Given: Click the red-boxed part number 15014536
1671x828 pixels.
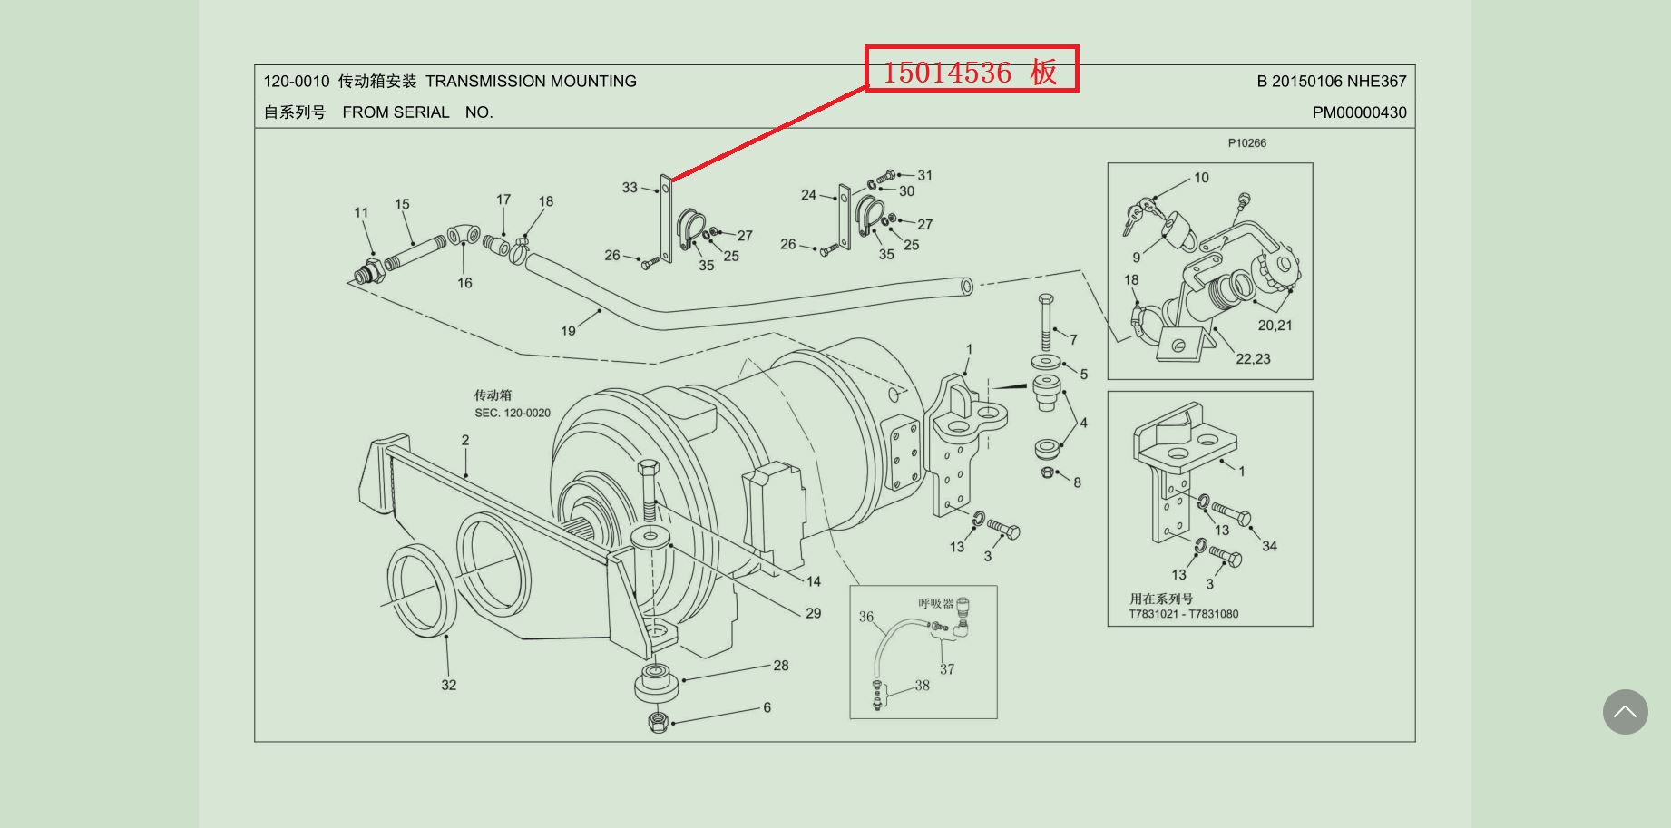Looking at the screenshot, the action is pyautogui.click(x=947, y=72).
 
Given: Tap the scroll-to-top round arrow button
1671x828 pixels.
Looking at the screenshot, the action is pyautogui.click(x=1625, y=712).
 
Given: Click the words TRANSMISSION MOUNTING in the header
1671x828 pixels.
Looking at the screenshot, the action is pyautogui.click(x=531, y=82).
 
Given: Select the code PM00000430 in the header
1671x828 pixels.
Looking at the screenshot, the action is pyautogui.click(x=1359, y=112).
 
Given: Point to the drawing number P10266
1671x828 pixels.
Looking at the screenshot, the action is pyautogui.click(x=1247, y=143).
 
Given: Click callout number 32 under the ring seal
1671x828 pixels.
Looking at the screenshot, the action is pyautogui.click(x=449, y=685).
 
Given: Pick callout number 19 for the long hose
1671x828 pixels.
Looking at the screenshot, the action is pyautogui.click(x=568, y=331).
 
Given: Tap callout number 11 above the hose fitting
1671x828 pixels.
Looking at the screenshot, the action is pyautogui.click(x=361, y=212).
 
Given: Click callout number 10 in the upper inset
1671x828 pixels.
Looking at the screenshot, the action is pyautogui.click(x=1201, y=178).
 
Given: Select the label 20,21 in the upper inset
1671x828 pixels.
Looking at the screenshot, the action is pyautogui.click(x=1275, y=326).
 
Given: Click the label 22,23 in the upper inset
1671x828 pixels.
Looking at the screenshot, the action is pyautogui.click(x=1253, y=359).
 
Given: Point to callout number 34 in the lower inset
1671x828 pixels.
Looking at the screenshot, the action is pyautogui.click(x=1269, y=546).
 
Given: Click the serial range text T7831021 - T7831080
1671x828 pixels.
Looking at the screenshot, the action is pyautogui.click(x=1183, y=614).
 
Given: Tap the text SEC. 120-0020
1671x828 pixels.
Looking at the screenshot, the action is pyautogui.click(x=513, y=413).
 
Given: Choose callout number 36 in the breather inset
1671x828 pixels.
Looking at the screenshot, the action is pyautogui.click(x=866, y=617).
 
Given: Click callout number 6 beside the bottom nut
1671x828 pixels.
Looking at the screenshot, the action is pyautogui.click(x=767, y=707).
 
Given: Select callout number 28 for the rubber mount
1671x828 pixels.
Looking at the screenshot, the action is pyautogui.click(x=781, y=666).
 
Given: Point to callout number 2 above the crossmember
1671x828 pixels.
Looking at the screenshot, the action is pyautogui.click(x=465, y=440).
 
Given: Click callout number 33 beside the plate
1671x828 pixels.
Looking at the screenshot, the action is pyautogui.click(x=630, y=188).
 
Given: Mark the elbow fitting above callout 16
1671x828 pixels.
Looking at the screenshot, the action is pyautogui.click(x=464, y=235).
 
